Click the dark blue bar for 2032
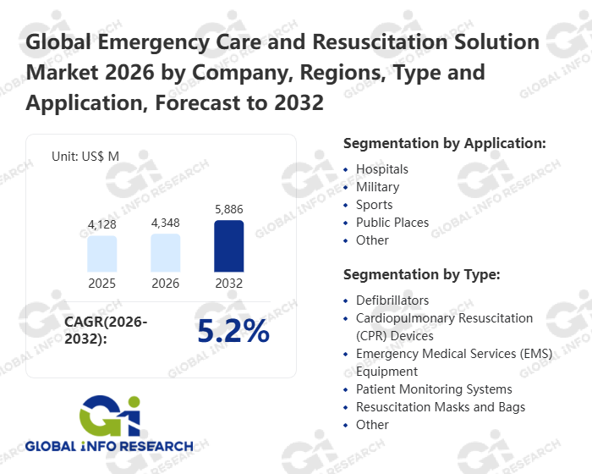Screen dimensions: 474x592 pos(228,246)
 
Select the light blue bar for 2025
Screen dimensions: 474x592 pos(102,254)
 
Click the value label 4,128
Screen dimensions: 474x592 pos(102,225)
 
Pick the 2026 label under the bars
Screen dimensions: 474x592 pos(166,284)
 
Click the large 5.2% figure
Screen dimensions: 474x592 pos(233,332)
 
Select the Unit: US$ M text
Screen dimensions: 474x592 pos(85,157)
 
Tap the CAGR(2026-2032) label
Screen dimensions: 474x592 pos(106,330)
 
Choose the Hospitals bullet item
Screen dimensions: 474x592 pos(381,169)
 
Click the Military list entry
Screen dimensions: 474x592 pos(377,187)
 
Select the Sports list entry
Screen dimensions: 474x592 pos(374,205)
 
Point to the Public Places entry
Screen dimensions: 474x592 pos(392,223)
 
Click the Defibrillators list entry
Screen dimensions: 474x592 pos(392,300)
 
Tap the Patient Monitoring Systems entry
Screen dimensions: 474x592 pos(433,389)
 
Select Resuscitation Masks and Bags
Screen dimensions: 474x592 pos(440,407)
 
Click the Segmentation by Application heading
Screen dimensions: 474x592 pos(444,143)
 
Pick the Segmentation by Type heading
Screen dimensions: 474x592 pos(421,274)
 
